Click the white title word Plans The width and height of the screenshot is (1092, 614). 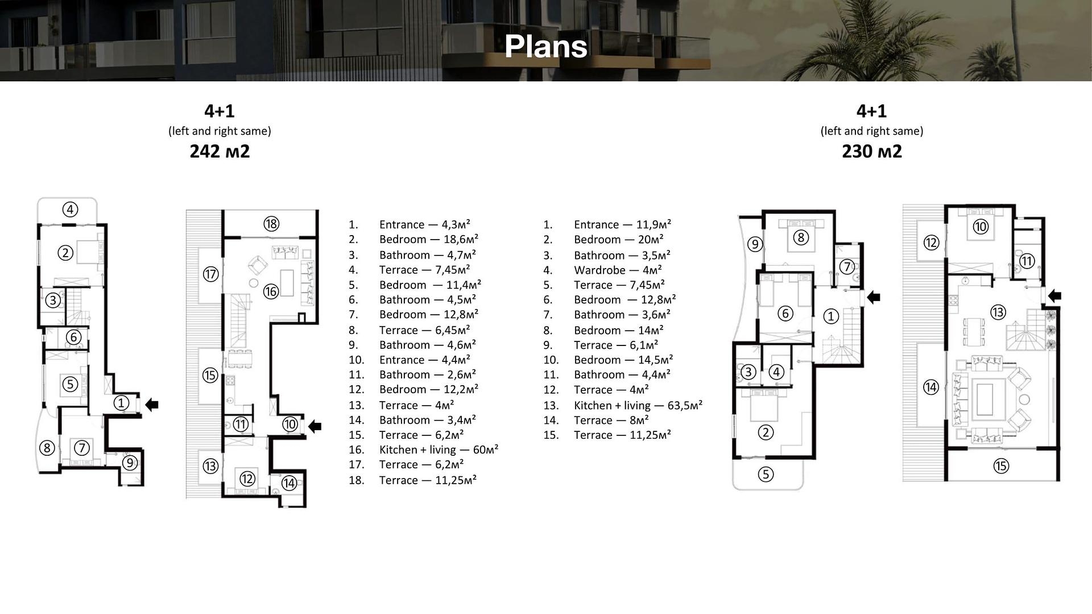click(x=545, y=47)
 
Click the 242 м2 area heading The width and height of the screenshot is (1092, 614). click(x=220, y=151)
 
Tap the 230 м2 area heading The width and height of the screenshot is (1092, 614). click(x=871, y=151)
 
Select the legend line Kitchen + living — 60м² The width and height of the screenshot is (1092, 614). click(x=438, y=450)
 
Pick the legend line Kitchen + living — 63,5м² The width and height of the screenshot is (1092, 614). click(x=638, y=406)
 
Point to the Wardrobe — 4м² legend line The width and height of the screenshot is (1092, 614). click(x=617, y=270)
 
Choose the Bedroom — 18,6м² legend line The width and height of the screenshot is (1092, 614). click(x=428, y=240)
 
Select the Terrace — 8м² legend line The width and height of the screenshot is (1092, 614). click(x=611, y=421)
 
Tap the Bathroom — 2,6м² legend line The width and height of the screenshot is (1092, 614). click(x=427, y=375)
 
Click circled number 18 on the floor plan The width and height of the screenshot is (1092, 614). click(x=271, y=224)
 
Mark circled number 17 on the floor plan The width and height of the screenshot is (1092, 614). click(x=210, y=274)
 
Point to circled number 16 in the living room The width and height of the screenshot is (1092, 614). click(x=271, y=292)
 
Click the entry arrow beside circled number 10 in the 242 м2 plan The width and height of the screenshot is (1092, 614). click(x=315, y=426)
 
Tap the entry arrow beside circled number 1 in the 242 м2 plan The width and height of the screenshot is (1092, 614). click(x=152, y=405)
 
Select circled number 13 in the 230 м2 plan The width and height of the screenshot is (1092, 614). click(x=998, y=312)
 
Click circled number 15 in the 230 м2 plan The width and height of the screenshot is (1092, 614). click(x=1001, y=466)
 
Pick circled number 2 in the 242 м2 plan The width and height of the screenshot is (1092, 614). click(x=65, y=253)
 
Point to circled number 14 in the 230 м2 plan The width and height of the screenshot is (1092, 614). click(x=930, y=388)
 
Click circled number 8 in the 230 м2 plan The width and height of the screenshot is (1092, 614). click(x=800, y=237)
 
